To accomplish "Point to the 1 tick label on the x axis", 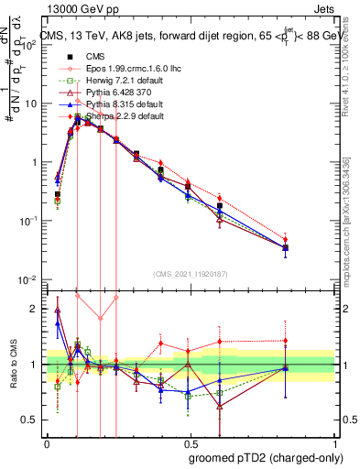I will pyautogui.click(x=335, y=442).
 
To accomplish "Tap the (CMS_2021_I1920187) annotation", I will pyautogui.click(x=191, y=272).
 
